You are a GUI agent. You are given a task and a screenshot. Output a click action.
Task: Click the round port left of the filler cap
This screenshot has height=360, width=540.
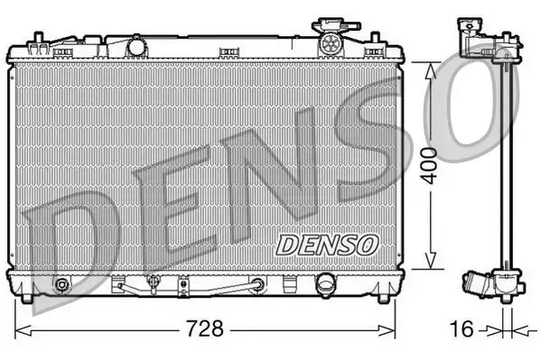tap(137, 44)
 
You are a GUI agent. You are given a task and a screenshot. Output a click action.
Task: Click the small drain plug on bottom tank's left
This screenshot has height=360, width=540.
tap(61, 287)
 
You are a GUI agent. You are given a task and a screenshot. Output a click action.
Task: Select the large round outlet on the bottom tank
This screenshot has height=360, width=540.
tap(324, 286)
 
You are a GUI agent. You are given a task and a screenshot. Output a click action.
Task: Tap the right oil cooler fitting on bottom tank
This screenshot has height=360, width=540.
tap(259, 286)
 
